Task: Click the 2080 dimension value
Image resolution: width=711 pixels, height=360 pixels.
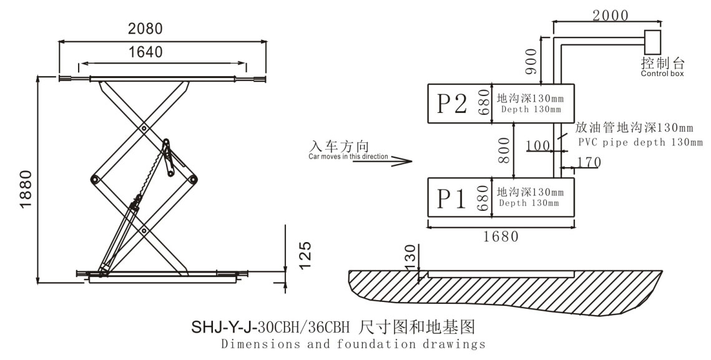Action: [x=145, y=29]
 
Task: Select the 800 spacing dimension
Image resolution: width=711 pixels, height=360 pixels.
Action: [x=504, y=150]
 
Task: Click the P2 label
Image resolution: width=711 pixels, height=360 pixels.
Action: [x=451, y=104]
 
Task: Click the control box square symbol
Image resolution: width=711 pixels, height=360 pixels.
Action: [x=653, y=42]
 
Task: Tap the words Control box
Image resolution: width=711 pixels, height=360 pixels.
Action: [x=662, y=73]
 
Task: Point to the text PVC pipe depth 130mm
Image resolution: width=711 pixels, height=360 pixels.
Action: [x=640, y=142]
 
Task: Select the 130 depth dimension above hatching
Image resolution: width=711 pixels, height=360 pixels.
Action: [x=410, y=255]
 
